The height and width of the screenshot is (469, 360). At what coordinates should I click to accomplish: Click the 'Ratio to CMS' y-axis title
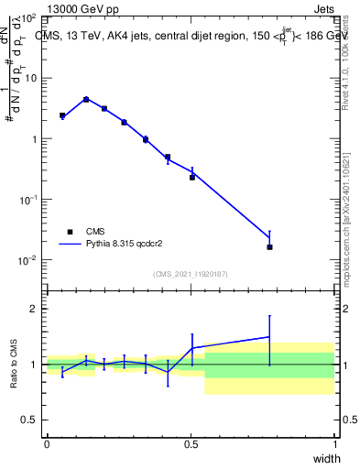pos(13,365)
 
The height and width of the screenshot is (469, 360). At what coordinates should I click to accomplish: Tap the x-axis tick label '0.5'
pos(191,444)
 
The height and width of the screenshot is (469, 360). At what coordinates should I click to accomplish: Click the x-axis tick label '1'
pos(334,444)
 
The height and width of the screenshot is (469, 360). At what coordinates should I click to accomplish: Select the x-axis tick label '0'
pos(47,444)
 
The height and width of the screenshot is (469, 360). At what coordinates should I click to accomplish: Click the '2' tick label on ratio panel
pos(34,309)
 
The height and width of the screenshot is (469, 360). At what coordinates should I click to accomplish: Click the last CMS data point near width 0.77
pos(269,246)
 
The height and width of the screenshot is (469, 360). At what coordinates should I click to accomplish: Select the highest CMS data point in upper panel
pos(85,99)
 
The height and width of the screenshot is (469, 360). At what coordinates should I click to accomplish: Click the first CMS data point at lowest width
pos(62,115)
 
